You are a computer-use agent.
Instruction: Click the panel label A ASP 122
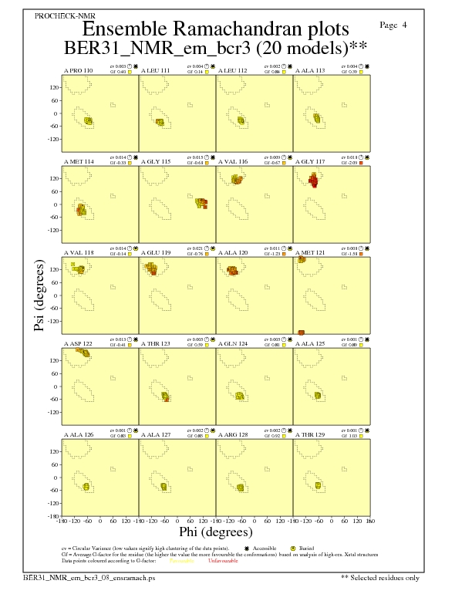78,343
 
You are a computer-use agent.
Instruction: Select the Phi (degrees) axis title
215,532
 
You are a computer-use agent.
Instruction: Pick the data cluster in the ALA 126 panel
86,487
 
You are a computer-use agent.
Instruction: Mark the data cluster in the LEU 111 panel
160,122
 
